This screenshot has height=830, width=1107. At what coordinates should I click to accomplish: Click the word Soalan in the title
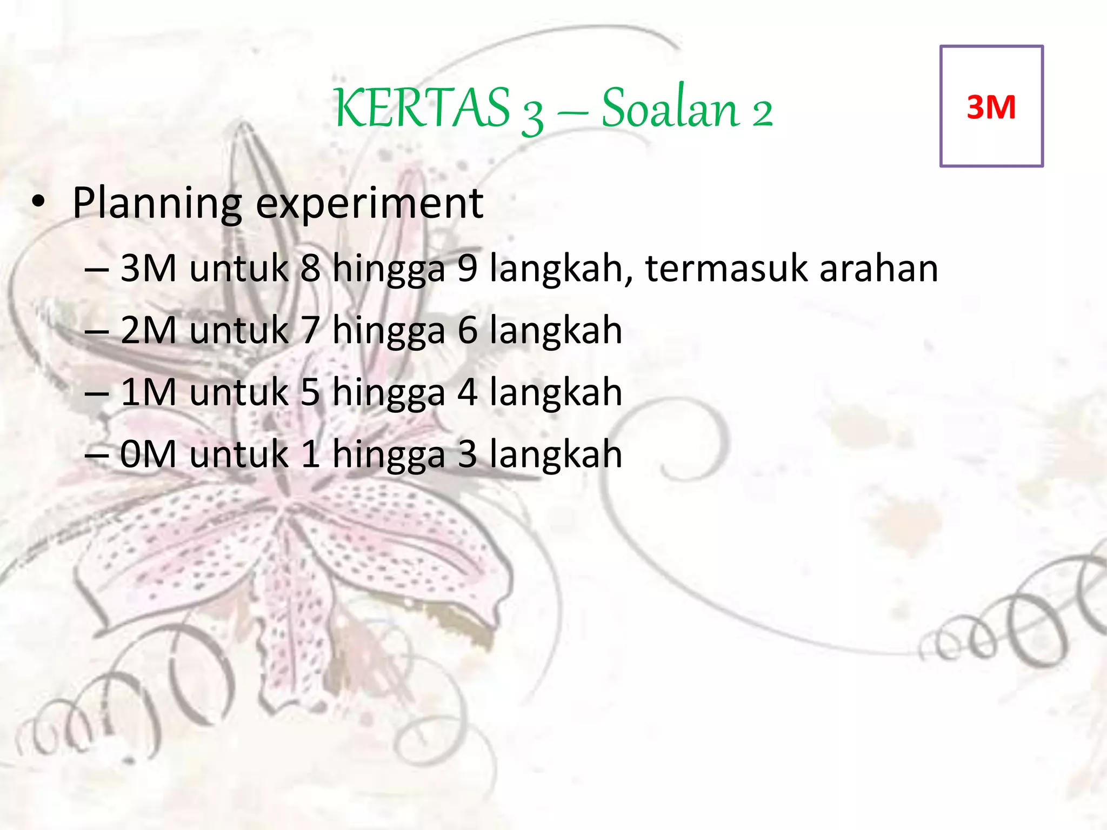pyautogui.click(x=670, y=108)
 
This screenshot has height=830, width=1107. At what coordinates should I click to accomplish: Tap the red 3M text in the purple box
pyautogui.click(x=991, y=107)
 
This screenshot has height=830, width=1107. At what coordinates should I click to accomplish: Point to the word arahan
pyautogui.click(x=878, y=269)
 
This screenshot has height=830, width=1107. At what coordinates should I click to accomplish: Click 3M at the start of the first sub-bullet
pyautogui.click(x=148, y=268)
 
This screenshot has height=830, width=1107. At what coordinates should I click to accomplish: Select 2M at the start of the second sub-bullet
pyautogui.click(x=148, y=330)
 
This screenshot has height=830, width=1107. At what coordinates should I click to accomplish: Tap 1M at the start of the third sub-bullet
pyautogui.click(x=148, y=392)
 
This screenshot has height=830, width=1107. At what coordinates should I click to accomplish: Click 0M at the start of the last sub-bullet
pyautogui.click(x=148, y=454)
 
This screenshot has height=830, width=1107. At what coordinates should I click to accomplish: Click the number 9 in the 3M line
pyautogui.click(x=468, y=268)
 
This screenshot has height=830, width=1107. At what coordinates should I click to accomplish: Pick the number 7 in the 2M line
pyautogui.click(x=310, y=330)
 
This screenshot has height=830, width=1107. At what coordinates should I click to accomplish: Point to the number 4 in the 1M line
pyautogui.click(x=468, y=392)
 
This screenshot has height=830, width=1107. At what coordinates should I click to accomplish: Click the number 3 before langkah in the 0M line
pyautogui.click(x=468, y=454)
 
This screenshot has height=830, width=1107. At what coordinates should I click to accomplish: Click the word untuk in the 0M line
pyautogui.click(x=238, y=454)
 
